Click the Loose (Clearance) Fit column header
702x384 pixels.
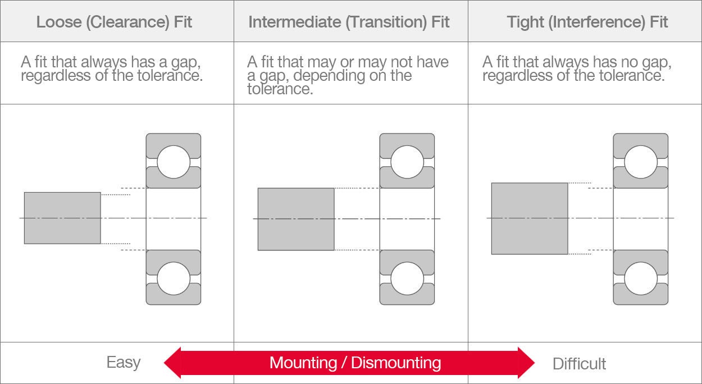[x=114, y=22]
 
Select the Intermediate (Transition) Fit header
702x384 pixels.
[x=349, y=22]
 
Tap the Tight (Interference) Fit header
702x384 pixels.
[x=587, y=22]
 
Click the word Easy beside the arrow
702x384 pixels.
[x=124, y=362]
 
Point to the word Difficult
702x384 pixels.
[x=579, y=363]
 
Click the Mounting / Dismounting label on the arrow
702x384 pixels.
[x=355, y=363]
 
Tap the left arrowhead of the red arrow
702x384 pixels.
[x=174, y=363]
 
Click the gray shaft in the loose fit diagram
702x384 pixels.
[x=62, y=218]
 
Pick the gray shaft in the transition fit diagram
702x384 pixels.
[x=296, y=219]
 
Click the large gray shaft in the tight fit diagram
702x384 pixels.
[x=529, y=218]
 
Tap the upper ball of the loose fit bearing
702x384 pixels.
[x=174, y=161]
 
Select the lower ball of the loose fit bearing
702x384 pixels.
[x=174, y=278]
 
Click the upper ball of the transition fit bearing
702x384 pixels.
[x=407, y=161]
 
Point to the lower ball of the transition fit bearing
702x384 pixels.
[x=407, y=278]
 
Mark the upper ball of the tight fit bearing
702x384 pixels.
[x=641, y=161]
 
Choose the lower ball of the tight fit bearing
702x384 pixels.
[x=641, y=278]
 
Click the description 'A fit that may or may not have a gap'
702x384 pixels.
[x=348, y=75]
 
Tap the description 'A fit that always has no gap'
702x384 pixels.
[x=577, y=68]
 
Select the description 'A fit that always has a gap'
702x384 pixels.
[x=112, y=68]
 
